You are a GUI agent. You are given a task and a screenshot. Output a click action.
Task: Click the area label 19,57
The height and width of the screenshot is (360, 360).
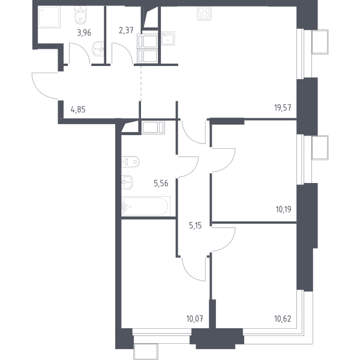click(x=283, y=107)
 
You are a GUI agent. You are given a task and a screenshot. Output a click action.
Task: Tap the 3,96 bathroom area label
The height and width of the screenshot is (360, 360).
click(x=84, y=33)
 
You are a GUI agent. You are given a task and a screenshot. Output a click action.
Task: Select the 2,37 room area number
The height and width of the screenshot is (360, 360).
click(x=126, y=30)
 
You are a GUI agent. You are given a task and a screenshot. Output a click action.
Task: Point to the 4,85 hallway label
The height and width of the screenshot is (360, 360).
click(x=78, y=110)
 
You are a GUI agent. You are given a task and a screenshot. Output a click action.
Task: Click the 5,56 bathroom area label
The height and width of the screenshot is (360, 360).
click(x=161, y=184)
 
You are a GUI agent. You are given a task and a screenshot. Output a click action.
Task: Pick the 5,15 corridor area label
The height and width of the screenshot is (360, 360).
click(x=196, y=226)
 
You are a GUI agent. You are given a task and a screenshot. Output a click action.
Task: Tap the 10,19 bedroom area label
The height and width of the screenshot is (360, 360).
click(x=283, y=209)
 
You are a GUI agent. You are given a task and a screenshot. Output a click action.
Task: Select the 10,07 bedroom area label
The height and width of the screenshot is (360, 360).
click(x=194, y=319)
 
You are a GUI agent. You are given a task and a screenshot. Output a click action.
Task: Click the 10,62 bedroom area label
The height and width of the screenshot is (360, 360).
click(x=283, y=319)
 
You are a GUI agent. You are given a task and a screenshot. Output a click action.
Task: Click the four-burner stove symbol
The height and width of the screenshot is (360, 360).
click(x=204, y=13)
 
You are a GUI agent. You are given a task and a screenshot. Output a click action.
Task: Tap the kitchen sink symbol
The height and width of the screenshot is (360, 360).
click(x=168, y=38)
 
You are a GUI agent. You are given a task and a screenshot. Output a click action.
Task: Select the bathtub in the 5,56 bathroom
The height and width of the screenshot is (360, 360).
click(x=146, y=206)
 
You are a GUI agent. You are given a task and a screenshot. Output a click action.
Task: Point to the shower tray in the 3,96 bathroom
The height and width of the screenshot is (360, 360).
click(x=49, y=17)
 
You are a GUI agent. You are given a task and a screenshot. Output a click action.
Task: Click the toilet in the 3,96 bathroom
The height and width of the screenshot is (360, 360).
click(x=80, y=15)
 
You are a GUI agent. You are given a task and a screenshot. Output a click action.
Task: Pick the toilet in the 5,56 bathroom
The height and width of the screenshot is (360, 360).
click(x=130, y=162)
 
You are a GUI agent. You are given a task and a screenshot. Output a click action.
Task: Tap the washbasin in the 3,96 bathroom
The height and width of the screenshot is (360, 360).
click(x=98, y=49)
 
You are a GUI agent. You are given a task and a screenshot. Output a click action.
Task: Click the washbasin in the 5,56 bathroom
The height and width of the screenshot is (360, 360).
click(x=127, y=182)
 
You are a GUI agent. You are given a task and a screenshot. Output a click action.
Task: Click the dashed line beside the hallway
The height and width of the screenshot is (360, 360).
click(x=141, y=83)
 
